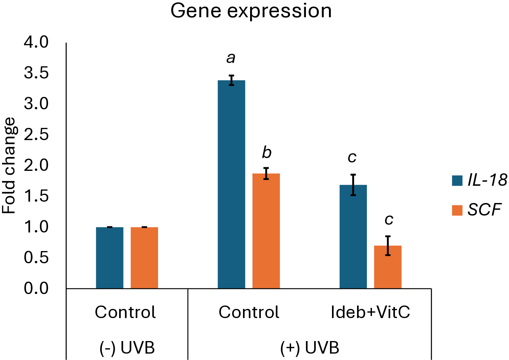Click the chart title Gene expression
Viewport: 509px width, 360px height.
[251, 12]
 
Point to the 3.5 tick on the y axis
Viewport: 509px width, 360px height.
[36, 73]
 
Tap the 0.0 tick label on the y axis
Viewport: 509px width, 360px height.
[36, 289]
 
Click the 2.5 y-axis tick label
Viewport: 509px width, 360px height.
[36, 134]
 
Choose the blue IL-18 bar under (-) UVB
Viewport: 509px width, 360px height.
[110, 258]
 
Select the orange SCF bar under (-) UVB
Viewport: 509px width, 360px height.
[144, 258]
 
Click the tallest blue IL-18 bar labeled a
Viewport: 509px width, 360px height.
[231, 184]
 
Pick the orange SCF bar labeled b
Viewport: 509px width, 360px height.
[266, 231]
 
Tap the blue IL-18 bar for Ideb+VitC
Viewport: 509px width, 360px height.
[353, 237]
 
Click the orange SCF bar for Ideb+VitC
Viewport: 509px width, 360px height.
[388, 267]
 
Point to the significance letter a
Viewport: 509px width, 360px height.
[231, 59]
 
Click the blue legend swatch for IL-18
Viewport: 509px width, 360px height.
[457, 181]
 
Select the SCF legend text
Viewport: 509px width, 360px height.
[484, 210]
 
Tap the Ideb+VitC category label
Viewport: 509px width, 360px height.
[370, 312]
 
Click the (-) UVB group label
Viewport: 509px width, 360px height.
[127, 347]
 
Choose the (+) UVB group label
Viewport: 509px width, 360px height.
[310, 347]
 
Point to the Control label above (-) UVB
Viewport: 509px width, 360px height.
[125, 312]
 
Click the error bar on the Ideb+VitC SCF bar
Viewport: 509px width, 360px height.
[388, 246]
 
